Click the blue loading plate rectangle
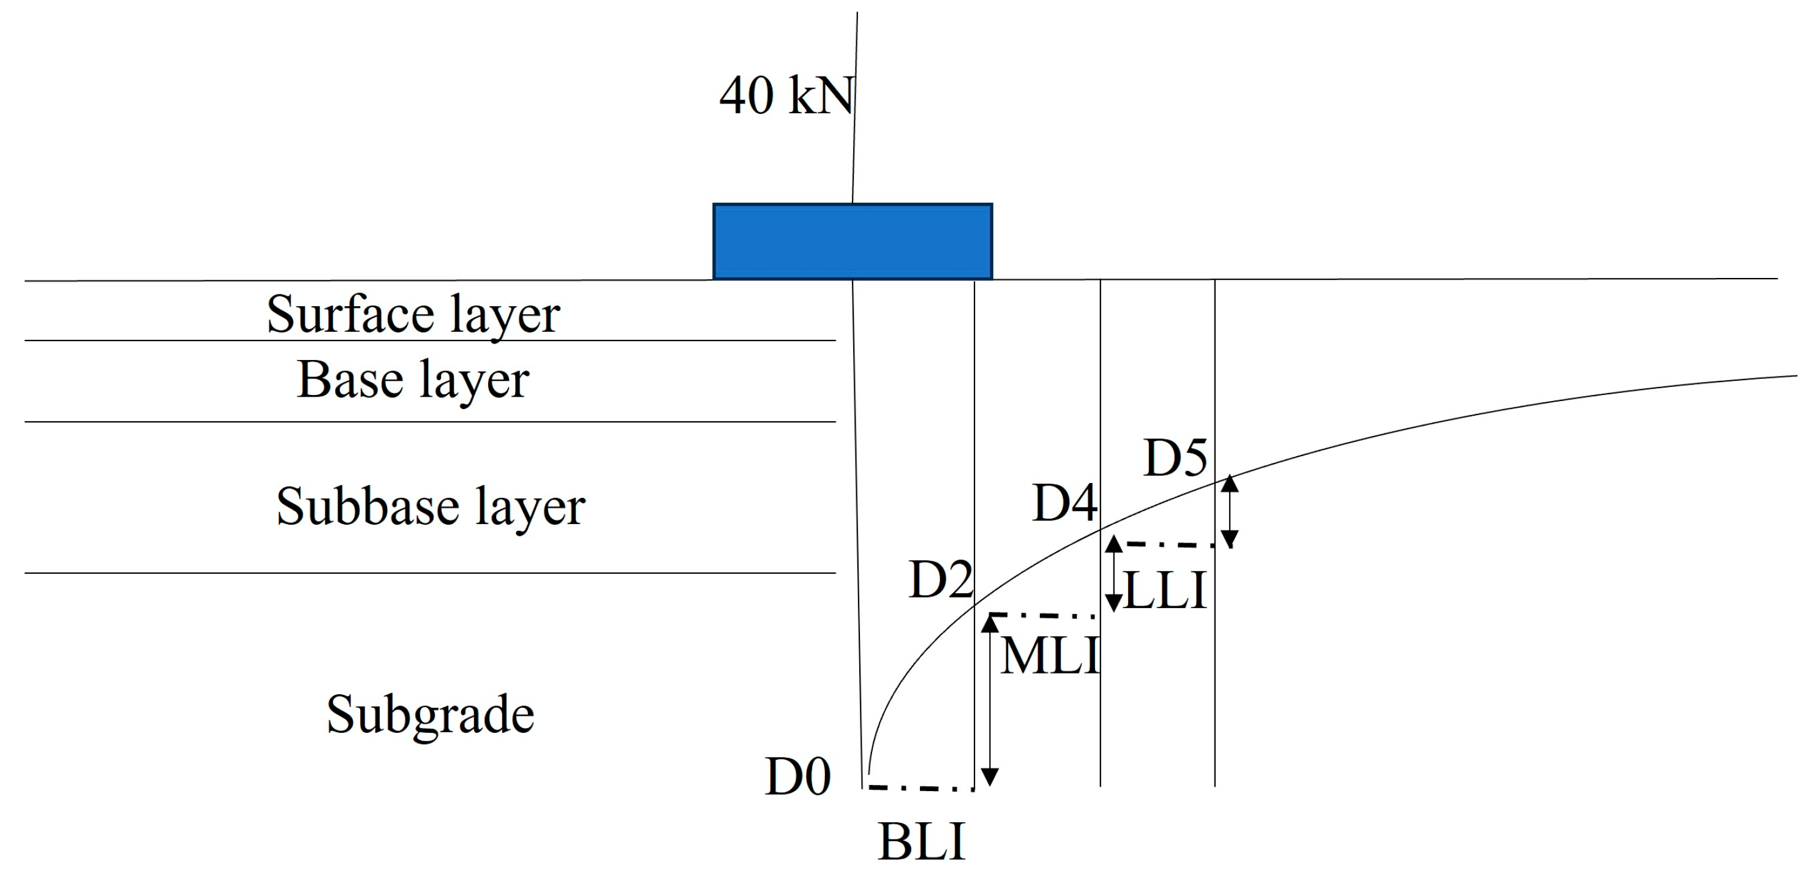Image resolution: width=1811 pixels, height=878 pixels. pos(852,241)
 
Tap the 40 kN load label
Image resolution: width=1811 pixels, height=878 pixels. pos(786,96)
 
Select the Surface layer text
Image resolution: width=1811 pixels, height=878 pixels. pos(413,314)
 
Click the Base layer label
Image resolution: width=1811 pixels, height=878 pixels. pos(413,380)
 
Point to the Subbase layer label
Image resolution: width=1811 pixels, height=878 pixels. pos(431,507)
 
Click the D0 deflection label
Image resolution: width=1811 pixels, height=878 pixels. pos(798,777)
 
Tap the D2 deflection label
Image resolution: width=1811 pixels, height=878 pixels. pos(941,580)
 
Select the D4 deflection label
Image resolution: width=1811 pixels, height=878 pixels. pos(1064,503)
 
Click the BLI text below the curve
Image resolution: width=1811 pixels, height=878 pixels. pos(922,841)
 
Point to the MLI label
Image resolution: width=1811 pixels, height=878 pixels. pos(1050,656)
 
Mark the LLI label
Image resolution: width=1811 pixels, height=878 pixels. pos(1165,590)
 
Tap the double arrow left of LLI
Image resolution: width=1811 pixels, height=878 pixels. pos(1113,574)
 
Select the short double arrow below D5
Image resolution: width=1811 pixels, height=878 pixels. pos(1229,512)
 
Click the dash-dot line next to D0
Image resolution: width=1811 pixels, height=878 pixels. pos(921,788)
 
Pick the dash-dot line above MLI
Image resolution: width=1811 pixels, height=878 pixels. pos(1042,616)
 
